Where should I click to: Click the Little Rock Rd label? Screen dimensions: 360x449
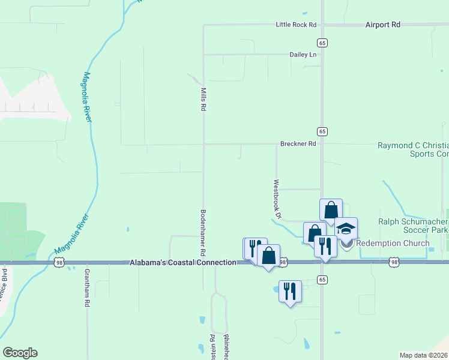click(x=295, y=25)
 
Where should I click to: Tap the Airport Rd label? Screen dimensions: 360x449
click(x=382, y=25)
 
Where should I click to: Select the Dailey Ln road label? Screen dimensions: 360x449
click(x=303, y=55)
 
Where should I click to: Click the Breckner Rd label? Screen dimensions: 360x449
click(x=298, y=144)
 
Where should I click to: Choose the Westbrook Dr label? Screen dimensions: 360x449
click(x=277, y=199)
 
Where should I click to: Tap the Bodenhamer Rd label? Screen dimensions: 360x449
click(x=203, y=230)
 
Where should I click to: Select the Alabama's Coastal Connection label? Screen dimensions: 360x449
click(x=182, y=263)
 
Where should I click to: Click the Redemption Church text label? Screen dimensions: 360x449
click(x=391, y=243)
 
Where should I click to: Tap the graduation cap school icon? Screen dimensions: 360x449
click(x=346, y=228)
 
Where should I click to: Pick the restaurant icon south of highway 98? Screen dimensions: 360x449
click(x=290, y=292)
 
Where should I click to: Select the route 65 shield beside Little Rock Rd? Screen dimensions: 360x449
click(x=322, y=43)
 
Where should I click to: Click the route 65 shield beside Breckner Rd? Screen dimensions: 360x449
click(x=322, y=131)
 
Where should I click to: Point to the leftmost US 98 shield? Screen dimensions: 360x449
click(x=58, y=262)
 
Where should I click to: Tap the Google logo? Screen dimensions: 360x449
click(x=20, y=353)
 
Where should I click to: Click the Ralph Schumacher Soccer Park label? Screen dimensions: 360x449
click(x=414, y=226)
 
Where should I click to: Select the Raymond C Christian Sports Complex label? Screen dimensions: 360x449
click(x=413, y=149)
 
